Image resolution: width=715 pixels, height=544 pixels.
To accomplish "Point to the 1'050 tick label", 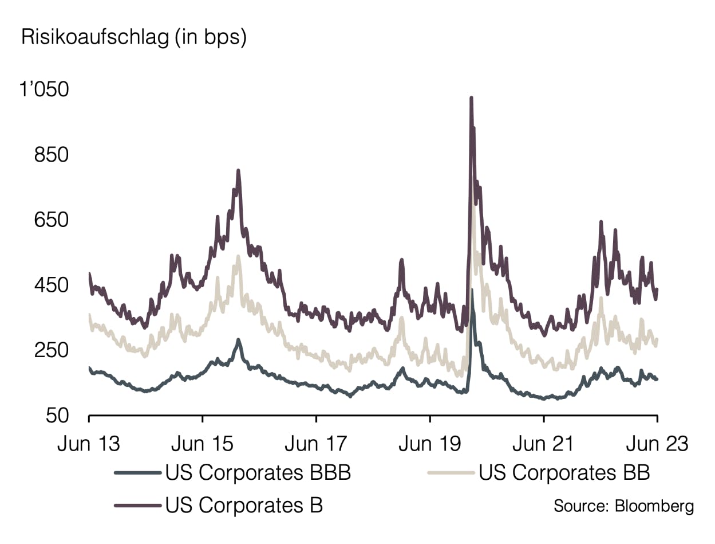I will tap(44, 90).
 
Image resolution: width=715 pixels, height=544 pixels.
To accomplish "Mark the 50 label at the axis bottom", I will tap(59, 416).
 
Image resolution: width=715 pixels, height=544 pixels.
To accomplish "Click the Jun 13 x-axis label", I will tap(89, 443).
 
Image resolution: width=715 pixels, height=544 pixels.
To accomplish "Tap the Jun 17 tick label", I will tap(316, 443).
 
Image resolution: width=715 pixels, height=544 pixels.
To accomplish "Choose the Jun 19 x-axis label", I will tap(429, 443).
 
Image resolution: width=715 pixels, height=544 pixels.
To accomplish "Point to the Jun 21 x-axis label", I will tap(543, 443).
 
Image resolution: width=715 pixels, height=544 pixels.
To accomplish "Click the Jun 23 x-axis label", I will tap(657, 443).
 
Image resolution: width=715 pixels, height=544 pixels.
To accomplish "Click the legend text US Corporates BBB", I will tap(258, 473).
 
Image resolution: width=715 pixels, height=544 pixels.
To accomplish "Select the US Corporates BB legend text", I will tap(564, 473).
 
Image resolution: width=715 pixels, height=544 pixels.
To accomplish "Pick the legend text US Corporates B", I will tap(244, 506).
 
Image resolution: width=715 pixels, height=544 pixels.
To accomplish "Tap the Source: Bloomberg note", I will tap(623, 506).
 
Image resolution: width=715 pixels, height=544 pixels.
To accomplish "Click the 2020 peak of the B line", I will tap(471, 99).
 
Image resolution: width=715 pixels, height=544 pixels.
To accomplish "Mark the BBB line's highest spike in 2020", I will tap(472, 290).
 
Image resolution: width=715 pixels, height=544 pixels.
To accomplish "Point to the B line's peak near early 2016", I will tap(238, 170).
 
